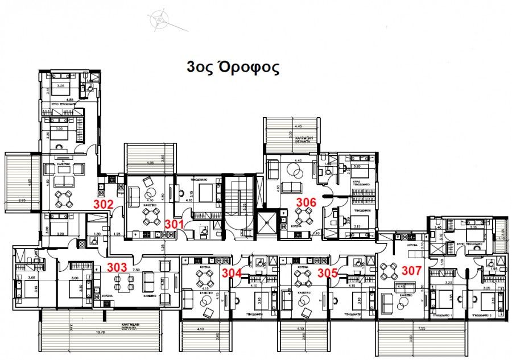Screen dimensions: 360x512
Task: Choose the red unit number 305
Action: coord(328,272)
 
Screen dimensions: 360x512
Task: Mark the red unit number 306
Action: coord(305,202)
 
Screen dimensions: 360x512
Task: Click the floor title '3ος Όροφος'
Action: coord(233,68)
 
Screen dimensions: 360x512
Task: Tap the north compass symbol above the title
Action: coord(158,19)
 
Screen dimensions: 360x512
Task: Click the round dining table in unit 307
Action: coord(390,271)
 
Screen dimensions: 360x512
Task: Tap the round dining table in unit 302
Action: coord(64,197)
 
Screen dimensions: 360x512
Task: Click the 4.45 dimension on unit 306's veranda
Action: coord(298,126)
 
